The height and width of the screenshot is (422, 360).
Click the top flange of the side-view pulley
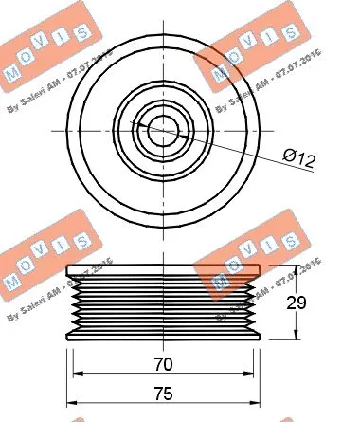click(x=163, y=275)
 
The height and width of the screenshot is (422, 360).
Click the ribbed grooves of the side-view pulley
click(x=163, y=303)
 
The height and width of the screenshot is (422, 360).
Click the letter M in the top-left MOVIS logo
click(x=12, y=73)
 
